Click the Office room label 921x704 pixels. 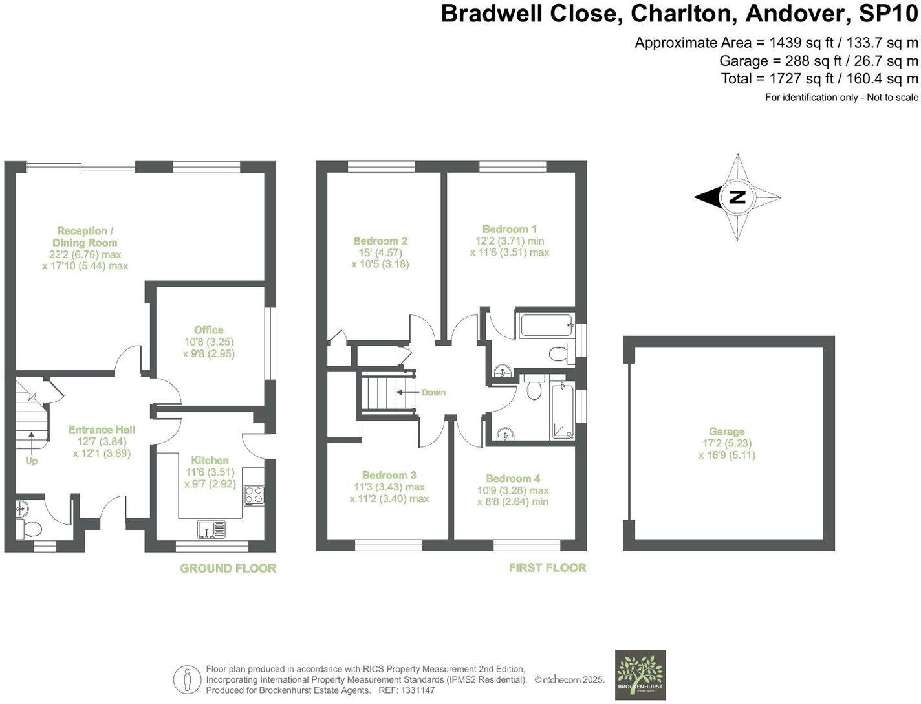pos(208,330)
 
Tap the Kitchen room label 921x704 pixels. pos(210,460)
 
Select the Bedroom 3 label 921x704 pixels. pos(389,475)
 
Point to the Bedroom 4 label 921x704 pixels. pos(513,478)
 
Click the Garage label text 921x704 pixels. pos(726,432)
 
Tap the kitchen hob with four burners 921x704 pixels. pos(254,496)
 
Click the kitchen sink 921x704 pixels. pos(211,529)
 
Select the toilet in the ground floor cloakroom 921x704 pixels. pos(28,529)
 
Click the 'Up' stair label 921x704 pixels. pos(31,461)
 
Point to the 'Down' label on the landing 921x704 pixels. pos(433,392)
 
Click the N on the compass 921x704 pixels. pos(737,197)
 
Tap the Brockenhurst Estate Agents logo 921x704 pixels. pos(640,674)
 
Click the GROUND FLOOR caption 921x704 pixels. pos(228,568)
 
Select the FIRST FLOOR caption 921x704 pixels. pos(547,567)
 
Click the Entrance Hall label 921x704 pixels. pos(102,430)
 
